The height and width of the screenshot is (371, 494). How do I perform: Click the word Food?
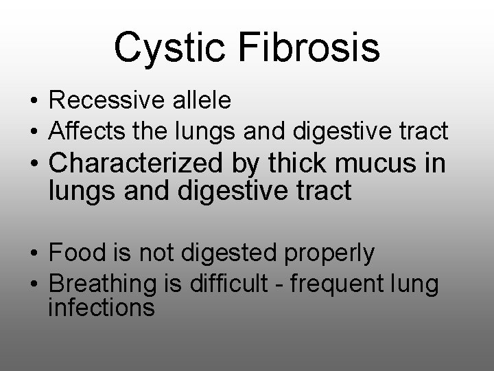click(74, 253)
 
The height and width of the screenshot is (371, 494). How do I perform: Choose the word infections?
click(102, 307)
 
